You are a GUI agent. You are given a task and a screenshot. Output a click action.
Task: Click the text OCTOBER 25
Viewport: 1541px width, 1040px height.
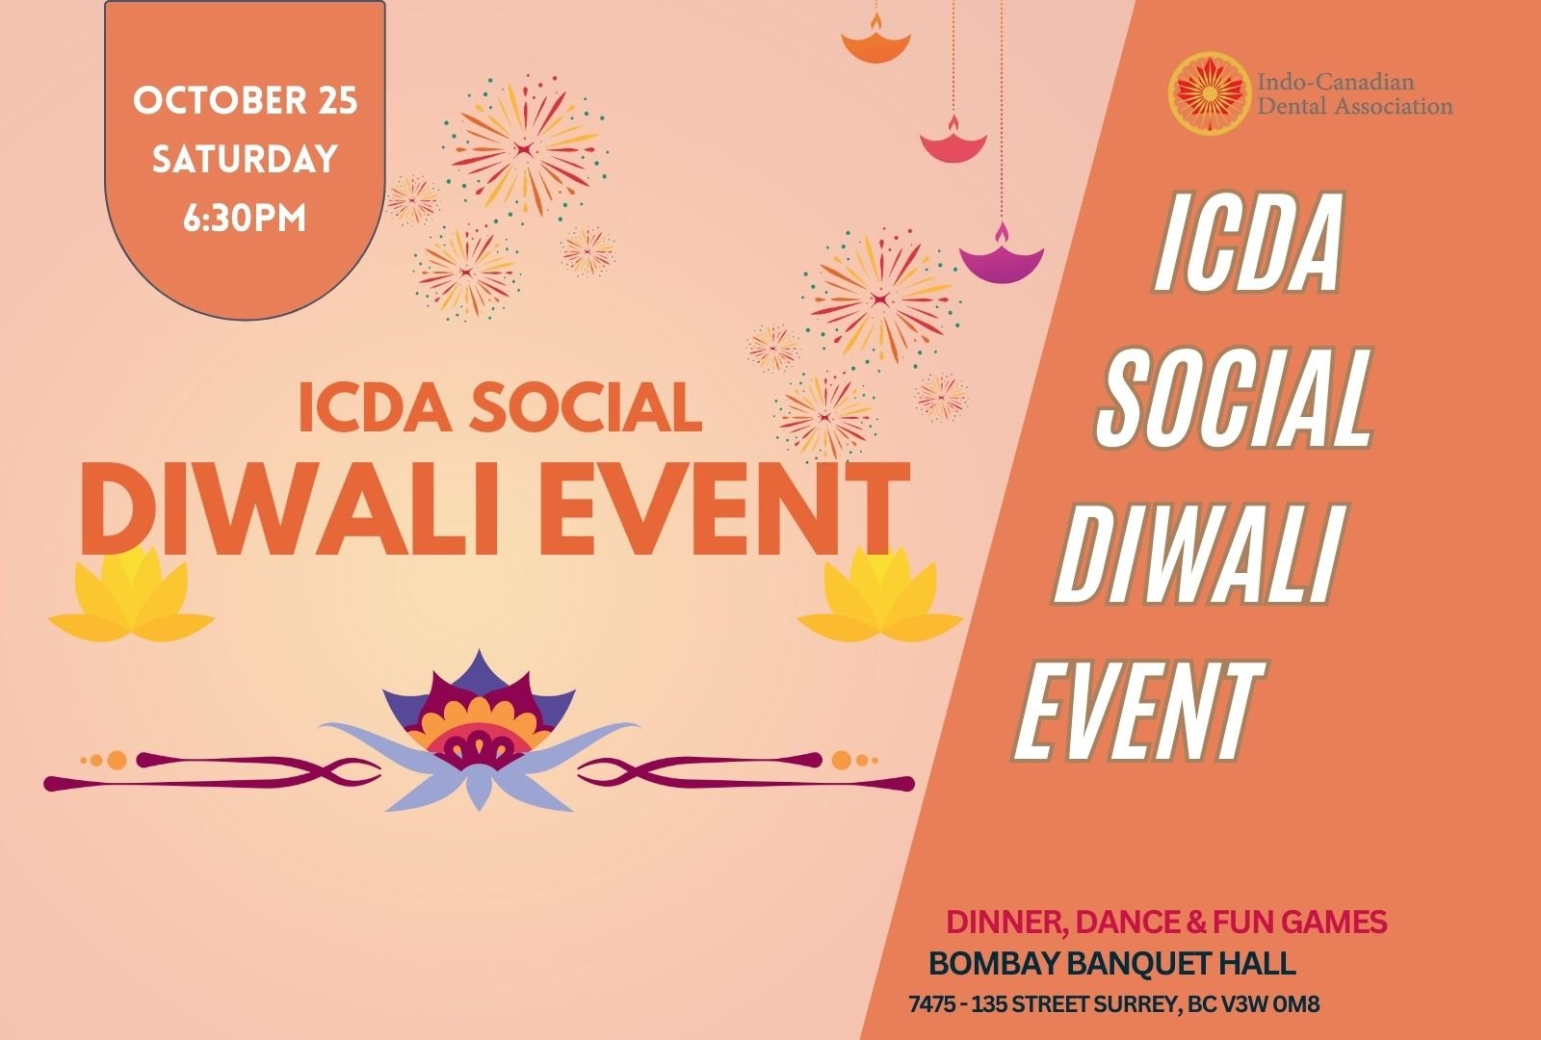[x=246, y=100]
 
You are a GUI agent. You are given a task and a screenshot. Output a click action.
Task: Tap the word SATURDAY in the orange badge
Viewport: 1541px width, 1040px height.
[x=245, y=159]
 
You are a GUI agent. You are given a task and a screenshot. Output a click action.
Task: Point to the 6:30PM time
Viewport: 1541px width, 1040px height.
[x=245, y=218]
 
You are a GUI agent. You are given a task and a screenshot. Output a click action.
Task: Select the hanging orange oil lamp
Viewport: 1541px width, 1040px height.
[x=875, y=42]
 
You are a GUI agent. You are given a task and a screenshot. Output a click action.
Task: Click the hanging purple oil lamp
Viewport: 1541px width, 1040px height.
[x=1001, y=256]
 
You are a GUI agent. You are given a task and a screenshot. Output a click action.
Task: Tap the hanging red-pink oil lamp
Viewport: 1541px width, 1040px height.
[x=953, y=142]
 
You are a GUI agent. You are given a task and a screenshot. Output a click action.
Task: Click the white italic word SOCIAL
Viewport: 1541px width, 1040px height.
[x=1235, y=398]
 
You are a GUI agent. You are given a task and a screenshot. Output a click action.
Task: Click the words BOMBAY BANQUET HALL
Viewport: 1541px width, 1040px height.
[x=1112, y=964]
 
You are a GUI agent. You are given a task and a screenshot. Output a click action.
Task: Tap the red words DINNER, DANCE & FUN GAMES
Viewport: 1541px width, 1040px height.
[x=1166, y=923]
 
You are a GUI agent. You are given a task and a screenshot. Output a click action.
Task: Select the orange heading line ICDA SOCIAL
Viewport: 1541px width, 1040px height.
[x=500, y=407]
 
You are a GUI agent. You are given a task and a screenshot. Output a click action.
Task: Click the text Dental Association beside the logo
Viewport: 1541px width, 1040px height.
[x=1355, y=106]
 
